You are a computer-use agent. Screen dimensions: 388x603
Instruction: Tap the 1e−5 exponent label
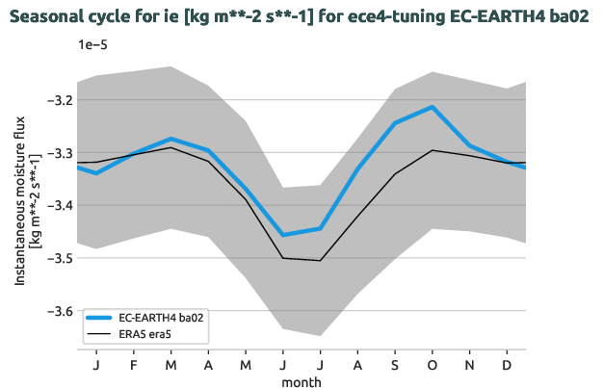(x=94, y=45)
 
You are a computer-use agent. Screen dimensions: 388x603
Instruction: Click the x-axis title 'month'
(x=301, y=381)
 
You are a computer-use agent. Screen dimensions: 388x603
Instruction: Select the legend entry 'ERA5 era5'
(x=150, y=333)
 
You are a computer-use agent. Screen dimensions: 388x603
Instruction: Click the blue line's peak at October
(x=433, y=107)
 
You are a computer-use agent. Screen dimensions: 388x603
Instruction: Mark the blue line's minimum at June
(x=283, y=235)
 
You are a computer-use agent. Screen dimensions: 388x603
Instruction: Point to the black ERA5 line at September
(x=395, y=174)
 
